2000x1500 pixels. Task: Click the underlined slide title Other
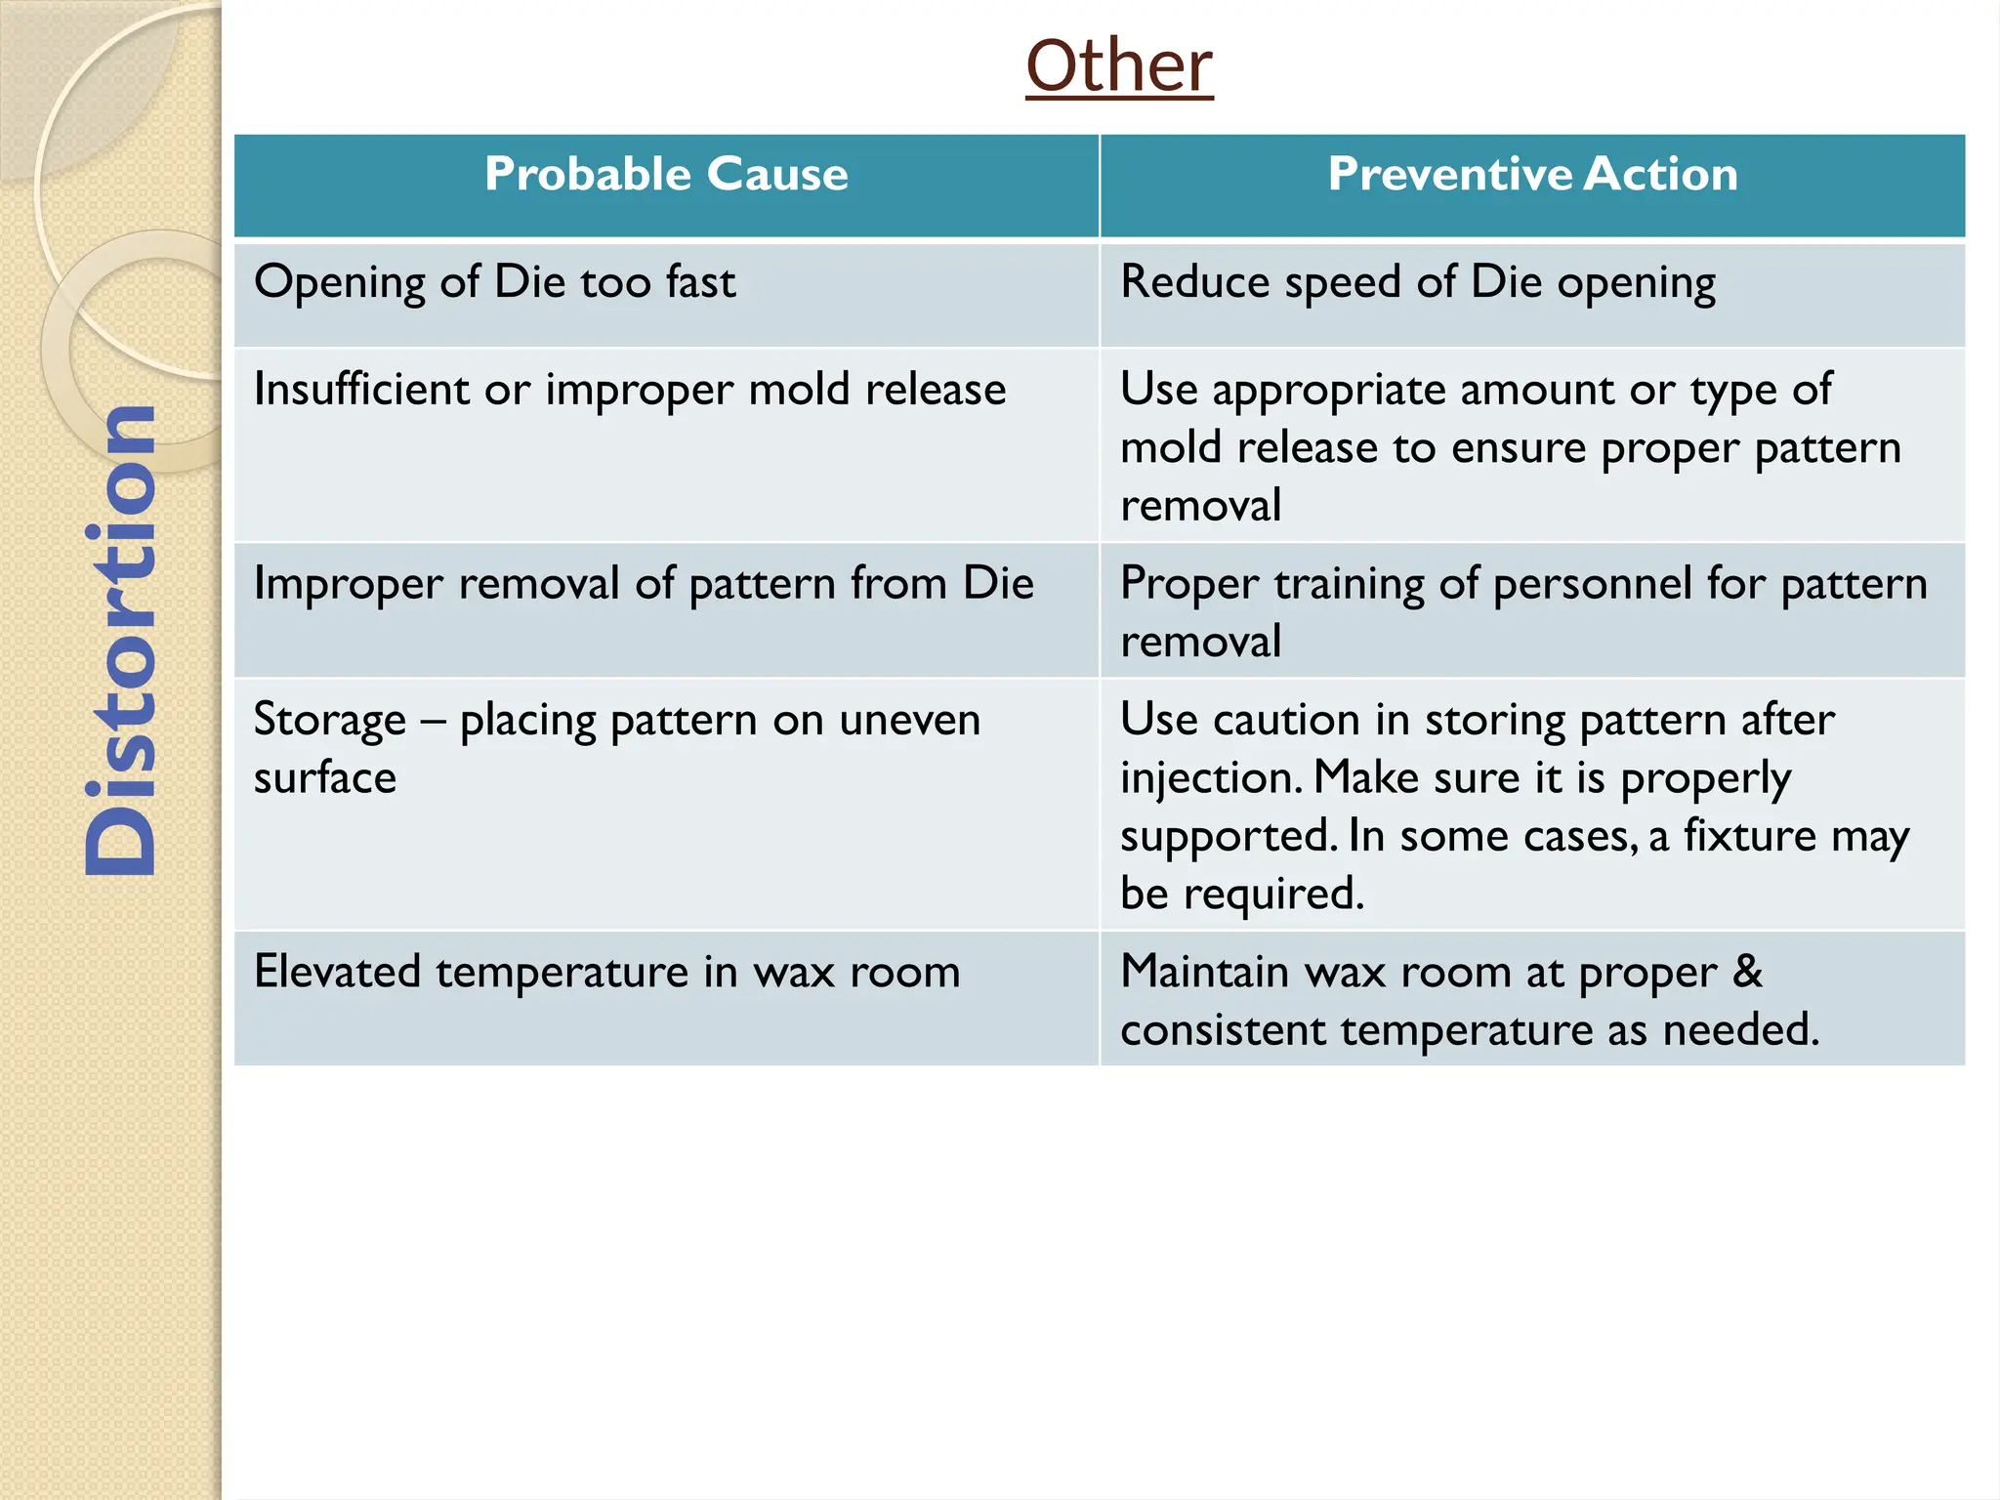pyautogui.click(x=1119, y=66)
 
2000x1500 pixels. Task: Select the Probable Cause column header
pyautogui.click(x=666, y=175)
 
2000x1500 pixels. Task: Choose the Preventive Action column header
pyautogui.click(x=1532, y=175)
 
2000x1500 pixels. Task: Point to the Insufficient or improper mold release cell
pyautogui.click(x=630, y=390)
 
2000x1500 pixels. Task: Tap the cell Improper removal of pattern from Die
pyautogui.click(x=644, y=584)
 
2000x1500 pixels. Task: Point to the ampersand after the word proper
pyautogui.click(x=1747, y=972)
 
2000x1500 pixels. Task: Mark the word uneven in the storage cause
pyautogui.click(x=909, y=721)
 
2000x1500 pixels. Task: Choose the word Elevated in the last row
pyautogui.click(x=337, y=972)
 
